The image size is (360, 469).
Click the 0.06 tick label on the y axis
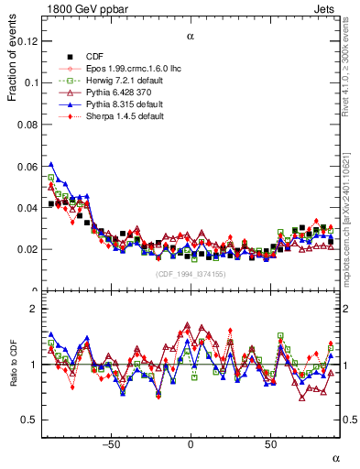(29, 166)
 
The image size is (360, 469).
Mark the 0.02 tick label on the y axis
(29, 249)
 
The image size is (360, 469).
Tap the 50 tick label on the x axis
(270, 443)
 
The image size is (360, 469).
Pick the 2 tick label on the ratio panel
(34, 309)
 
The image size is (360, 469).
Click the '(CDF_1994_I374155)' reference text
(191, 274)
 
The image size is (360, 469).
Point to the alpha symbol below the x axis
(335, 457)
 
